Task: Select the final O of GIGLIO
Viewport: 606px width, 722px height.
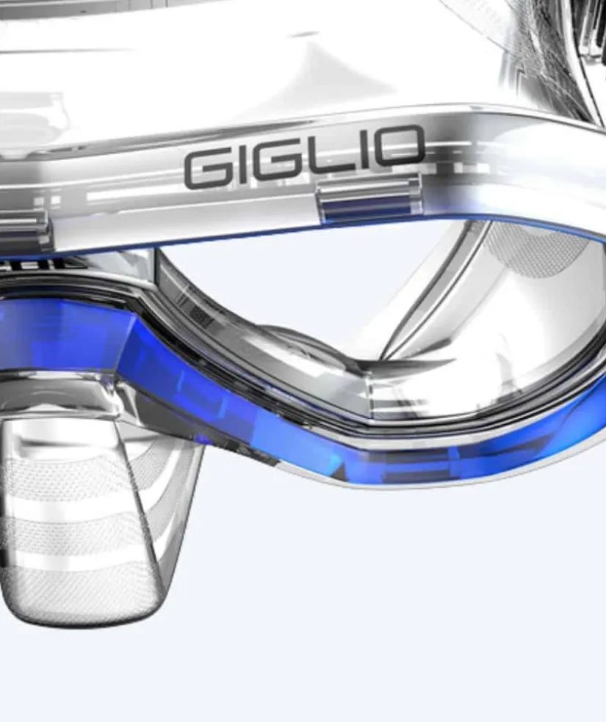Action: tap(398, 147)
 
